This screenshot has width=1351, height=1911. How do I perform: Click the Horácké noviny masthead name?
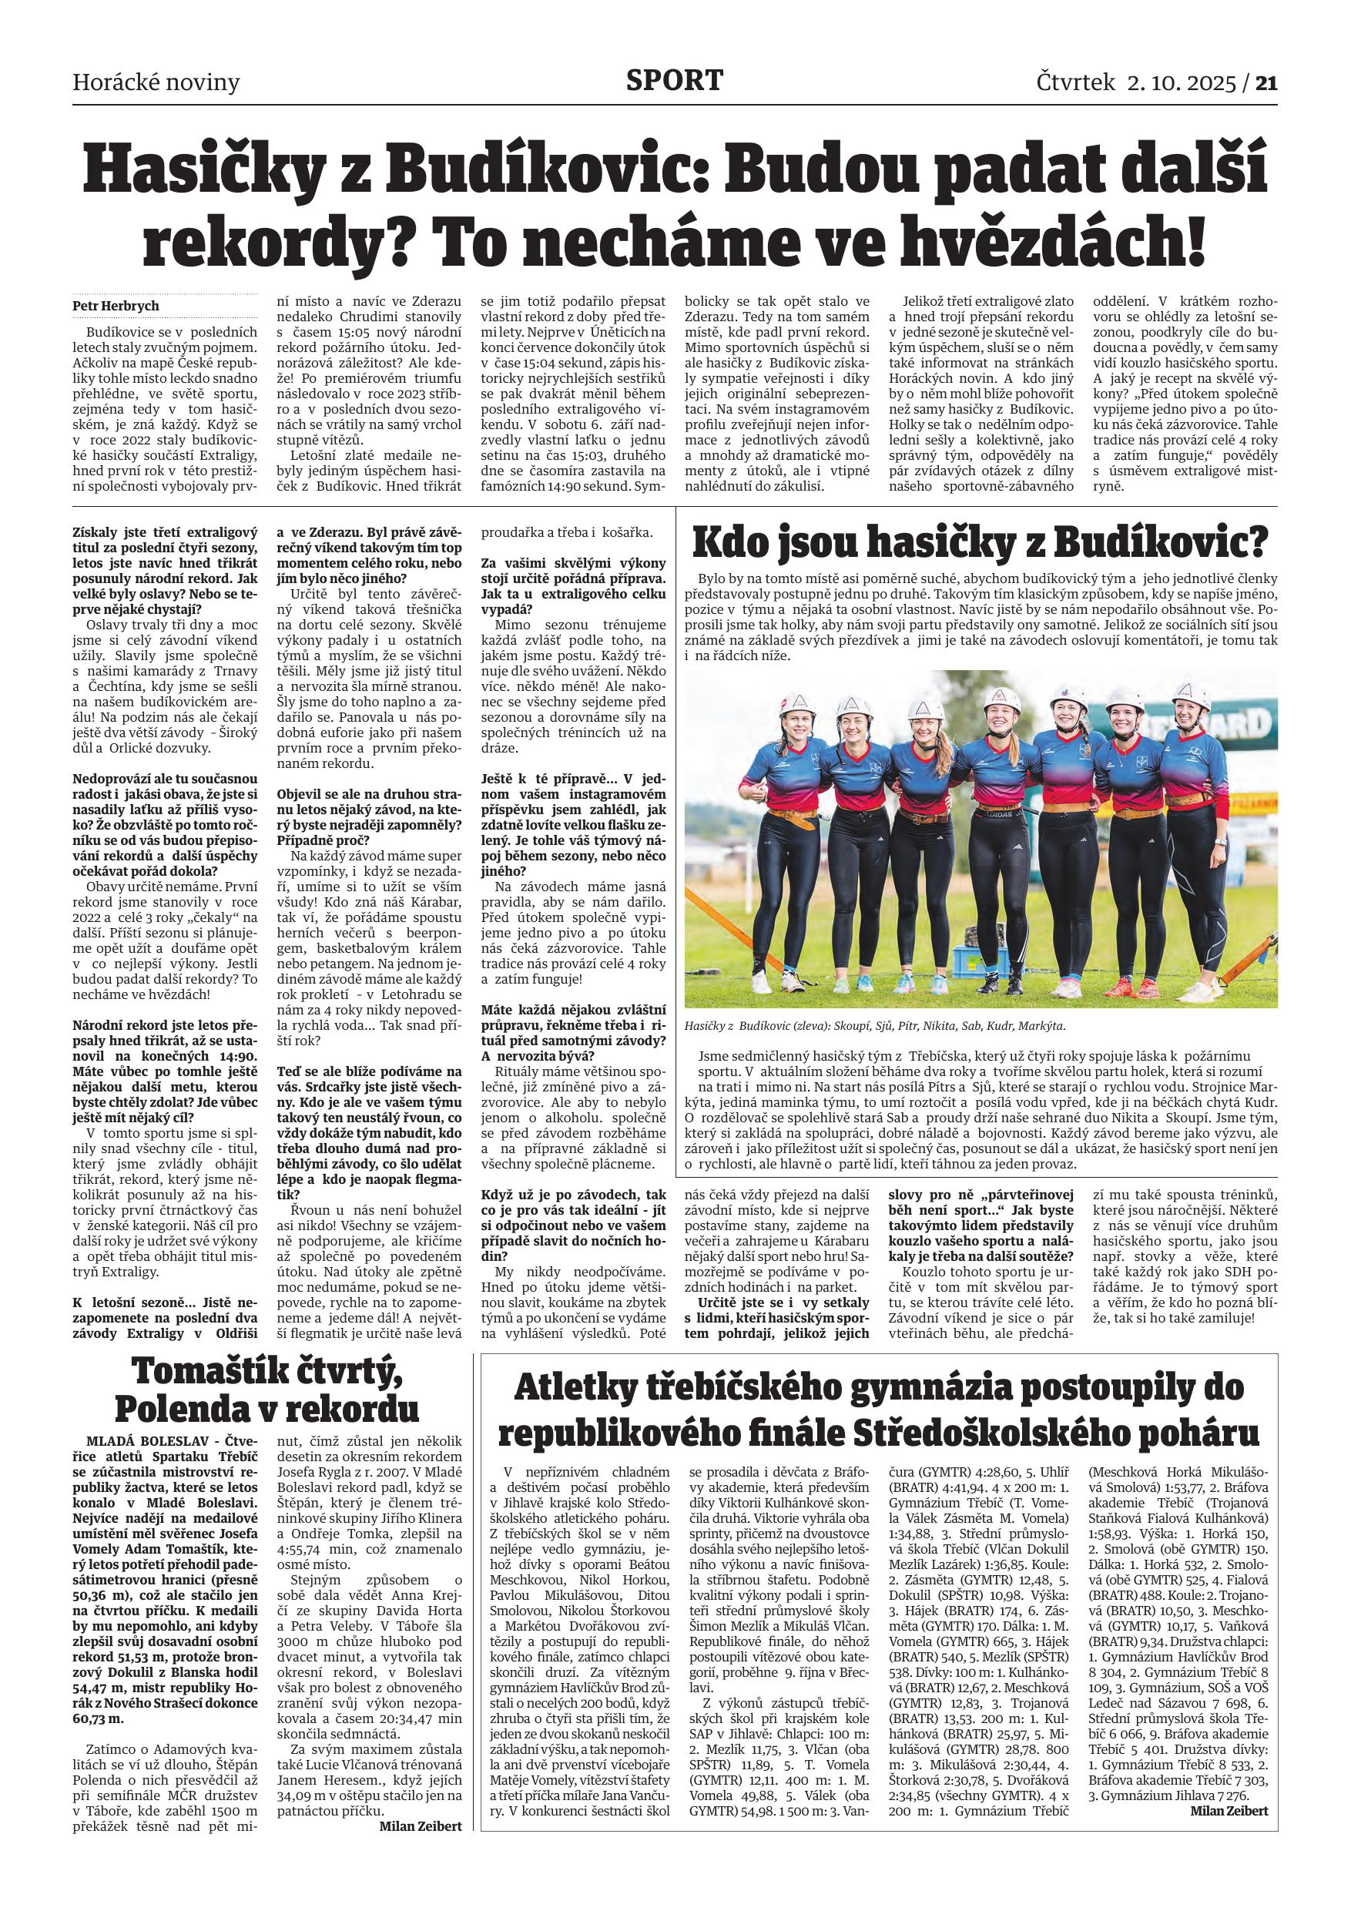[x=156, y=82]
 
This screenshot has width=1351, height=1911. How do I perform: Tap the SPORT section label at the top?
[x=675, y=81]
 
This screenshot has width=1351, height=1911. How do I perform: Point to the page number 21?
[x=1266, y=82]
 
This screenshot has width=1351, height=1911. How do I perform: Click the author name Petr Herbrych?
[x=116, y=306]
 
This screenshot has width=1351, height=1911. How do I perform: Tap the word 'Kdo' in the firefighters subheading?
[x=732, y=544]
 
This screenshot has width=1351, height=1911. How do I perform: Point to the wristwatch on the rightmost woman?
[x=1219, y=840]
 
